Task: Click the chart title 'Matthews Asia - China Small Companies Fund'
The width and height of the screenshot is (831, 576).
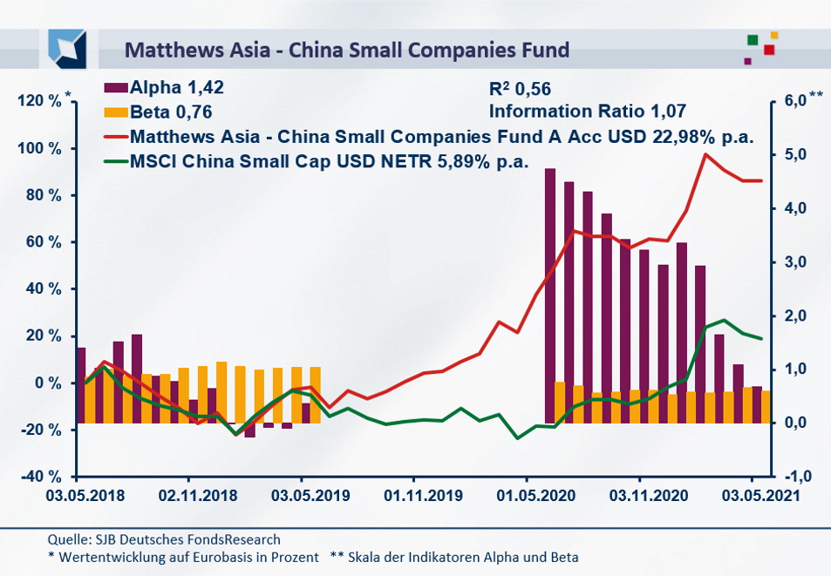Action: [x=347, y=49]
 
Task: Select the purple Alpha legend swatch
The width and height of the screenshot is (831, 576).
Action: [x=116, y=87]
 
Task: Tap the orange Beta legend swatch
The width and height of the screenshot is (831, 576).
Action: [x=116, y=112]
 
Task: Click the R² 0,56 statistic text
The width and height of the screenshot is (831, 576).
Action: [x=521, y=88]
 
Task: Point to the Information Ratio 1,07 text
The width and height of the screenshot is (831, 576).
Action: [x=588, y=111]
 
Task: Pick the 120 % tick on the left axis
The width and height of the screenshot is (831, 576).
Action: [x=40, y=102]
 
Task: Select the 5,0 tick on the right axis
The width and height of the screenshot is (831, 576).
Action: [x=793, y=155]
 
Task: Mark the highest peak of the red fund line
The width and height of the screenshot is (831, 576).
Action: [x=705, y=154]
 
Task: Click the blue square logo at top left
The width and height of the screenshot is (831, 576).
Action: [x=67, y=48]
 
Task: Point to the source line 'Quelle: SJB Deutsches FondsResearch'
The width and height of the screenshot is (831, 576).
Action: [x=164, y=540]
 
